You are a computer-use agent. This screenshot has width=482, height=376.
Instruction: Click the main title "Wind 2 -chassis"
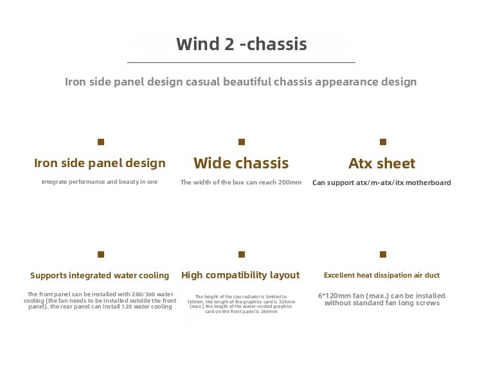(x=241, y=44)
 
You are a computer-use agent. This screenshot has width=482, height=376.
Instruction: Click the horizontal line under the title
(x=241, y=62)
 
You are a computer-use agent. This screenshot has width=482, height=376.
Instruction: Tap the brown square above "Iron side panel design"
(x=101, y=142)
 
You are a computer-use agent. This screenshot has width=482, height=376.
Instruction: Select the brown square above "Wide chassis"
(x=242, y=142)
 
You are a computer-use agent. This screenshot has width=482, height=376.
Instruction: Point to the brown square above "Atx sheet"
(x=383, y=142)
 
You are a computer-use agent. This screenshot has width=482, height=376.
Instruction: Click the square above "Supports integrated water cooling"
(x=101, y=255)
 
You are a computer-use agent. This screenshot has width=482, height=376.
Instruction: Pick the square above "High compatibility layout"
(x=242, y=255)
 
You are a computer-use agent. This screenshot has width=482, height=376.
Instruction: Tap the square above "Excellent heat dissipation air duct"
(x=383, y=255)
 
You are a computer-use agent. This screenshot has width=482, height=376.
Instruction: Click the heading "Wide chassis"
(x=241, y=163)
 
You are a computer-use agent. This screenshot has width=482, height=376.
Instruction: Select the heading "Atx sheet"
(x=382, y=163)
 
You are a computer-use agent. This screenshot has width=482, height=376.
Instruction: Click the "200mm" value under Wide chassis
(x=290, y=183)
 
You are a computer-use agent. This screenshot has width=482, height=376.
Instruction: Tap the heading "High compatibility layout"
(x=240, y=275)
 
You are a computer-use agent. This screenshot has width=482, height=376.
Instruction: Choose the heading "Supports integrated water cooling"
(x=100, y=276)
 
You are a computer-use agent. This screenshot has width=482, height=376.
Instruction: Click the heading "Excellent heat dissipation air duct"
(x=382, y=275)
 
